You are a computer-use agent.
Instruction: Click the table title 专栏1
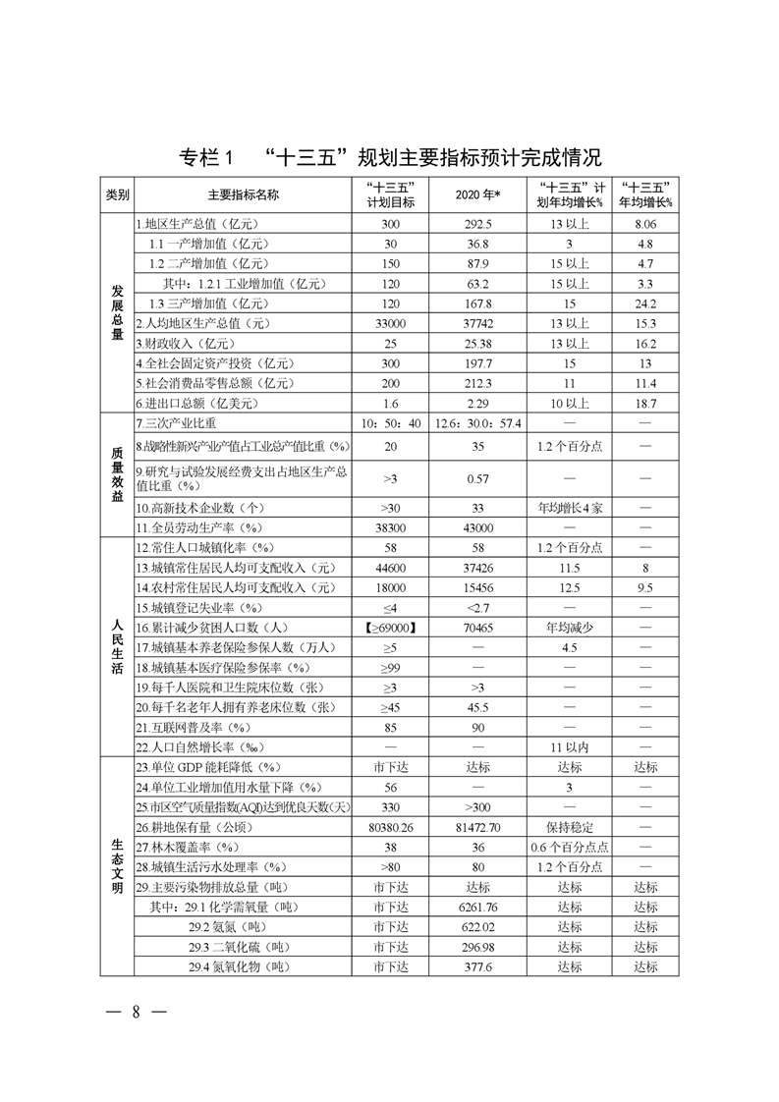pos(206,157)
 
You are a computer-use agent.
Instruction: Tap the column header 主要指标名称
pos(243,194)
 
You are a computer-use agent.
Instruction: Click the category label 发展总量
pos(117,312)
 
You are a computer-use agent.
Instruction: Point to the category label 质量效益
pos(117,474)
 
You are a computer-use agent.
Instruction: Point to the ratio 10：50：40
pos(390,422)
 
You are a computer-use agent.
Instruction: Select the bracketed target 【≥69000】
pos(390,627)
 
